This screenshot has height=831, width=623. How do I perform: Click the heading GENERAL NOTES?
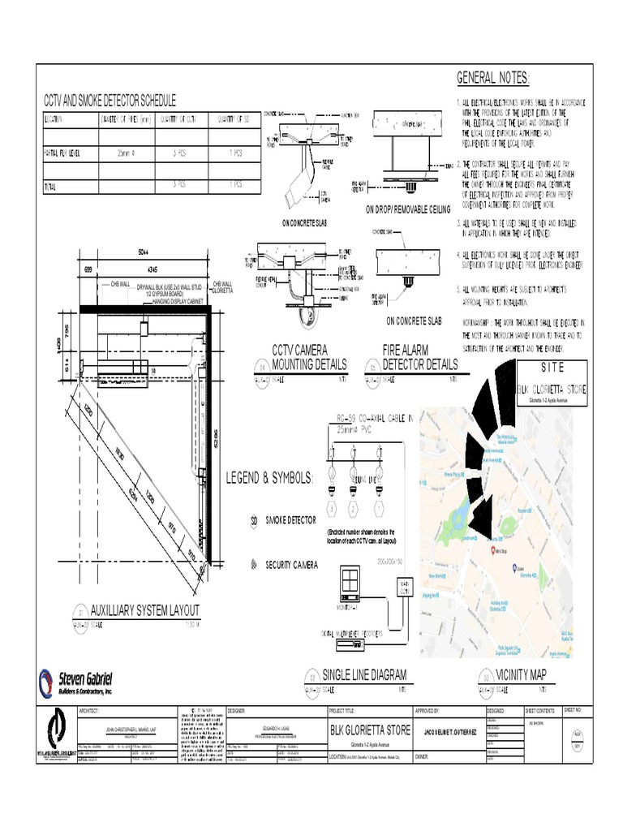pos(492,78)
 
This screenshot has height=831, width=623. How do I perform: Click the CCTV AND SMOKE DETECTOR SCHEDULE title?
pos(110,101)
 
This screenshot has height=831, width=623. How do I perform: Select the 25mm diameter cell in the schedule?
pos(127,152)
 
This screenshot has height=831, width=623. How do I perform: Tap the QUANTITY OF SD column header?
pos(235,120)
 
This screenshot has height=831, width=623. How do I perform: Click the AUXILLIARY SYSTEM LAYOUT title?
pos(144,609)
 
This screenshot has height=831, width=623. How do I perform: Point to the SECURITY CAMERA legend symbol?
pos(253,563)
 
